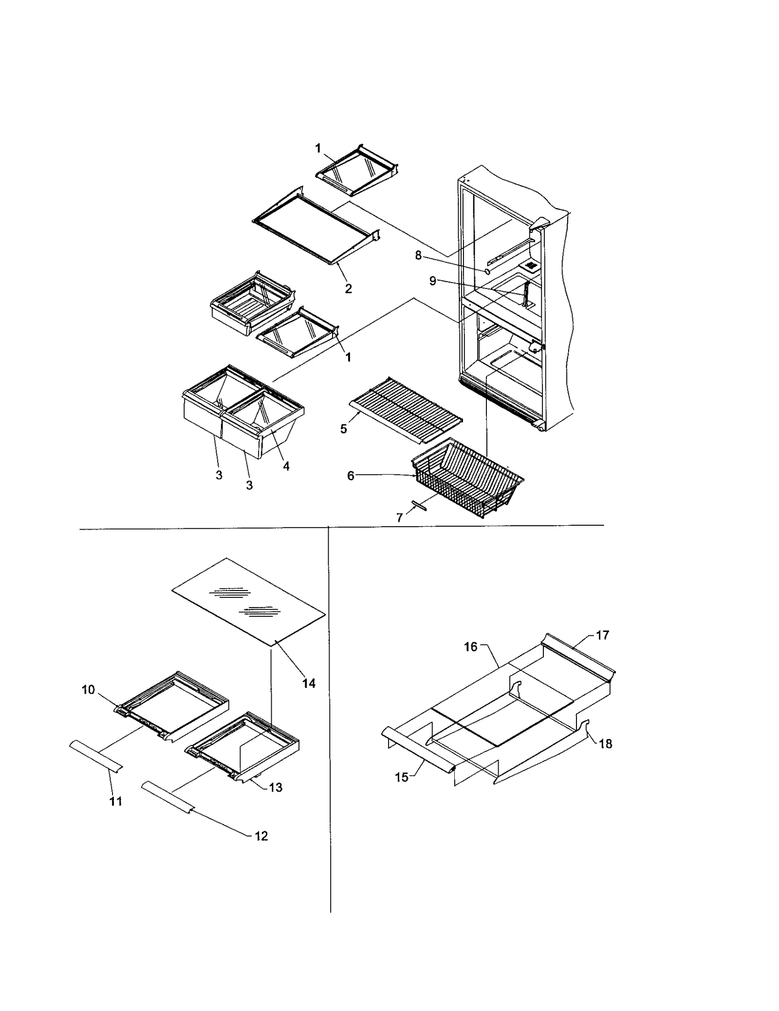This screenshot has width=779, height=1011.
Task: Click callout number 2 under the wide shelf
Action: click(348, 288)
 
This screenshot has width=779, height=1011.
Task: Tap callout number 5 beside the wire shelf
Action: click(344, 429)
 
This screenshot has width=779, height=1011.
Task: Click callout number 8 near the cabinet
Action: click(418, 255)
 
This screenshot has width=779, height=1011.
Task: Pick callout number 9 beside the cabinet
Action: click(432, 281)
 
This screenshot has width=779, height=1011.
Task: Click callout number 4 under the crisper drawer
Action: click(286, 466)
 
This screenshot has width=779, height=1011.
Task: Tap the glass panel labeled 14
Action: click(248, 602)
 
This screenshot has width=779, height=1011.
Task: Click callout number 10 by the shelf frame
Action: click(88, 690)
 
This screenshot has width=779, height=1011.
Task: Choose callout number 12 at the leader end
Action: click(261, 836)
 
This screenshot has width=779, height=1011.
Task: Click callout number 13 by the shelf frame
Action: click(276, 787)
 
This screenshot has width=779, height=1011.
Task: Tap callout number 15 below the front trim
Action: click(402, 777)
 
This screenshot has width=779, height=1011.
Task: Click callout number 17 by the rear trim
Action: click(603, 635)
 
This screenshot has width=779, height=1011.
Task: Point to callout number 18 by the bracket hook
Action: click(605, 744)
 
